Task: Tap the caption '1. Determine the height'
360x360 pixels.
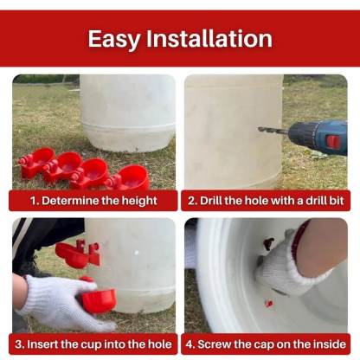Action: [x=93, y=201]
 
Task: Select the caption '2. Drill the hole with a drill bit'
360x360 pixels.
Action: [x=267, y=201]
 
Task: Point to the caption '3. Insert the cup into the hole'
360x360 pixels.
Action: [x=93, y=343]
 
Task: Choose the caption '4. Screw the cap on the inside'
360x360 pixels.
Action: [x=267, y=343]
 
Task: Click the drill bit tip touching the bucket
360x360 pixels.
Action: [x=260, y=129]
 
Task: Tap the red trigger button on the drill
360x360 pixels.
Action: [x=332, y=142]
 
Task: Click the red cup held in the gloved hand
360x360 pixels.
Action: [x=98, y=299]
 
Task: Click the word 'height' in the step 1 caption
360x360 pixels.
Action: [x=139, y=201]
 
